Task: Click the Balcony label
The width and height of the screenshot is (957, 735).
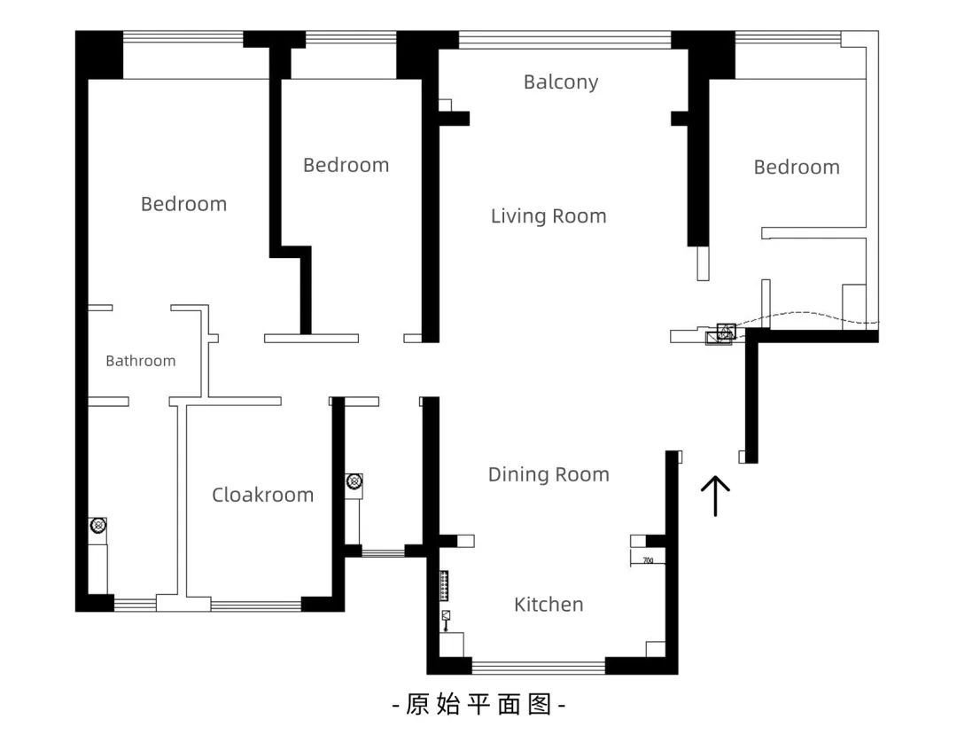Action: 561,82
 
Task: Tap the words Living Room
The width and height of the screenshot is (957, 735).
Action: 549,216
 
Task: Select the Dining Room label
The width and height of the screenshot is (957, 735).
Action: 549,474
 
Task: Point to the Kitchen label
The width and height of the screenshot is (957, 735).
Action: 549,605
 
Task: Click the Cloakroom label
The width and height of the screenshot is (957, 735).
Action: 262,495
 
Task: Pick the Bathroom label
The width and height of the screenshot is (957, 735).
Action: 140,361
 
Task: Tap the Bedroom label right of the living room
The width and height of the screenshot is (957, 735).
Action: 796,168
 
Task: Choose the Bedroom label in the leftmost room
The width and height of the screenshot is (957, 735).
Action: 183,204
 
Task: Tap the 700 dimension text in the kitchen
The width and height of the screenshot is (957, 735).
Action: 648,560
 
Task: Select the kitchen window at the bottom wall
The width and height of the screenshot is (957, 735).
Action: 538,666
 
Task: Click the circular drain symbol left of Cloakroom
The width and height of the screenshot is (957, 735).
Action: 97,526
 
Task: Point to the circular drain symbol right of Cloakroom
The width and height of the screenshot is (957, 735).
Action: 354,481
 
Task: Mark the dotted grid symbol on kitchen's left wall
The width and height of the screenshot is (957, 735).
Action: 444,586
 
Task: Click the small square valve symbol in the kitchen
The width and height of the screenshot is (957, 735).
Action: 446,614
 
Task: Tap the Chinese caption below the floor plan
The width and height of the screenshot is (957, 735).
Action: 478,706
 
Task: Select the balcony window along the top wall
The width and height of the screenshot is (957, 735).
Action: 564,39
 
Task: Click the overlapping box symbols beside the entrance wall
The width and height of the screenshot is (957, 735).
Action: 721,334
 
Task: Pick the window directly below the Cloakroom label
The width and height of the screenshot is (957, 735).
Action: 255,606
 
